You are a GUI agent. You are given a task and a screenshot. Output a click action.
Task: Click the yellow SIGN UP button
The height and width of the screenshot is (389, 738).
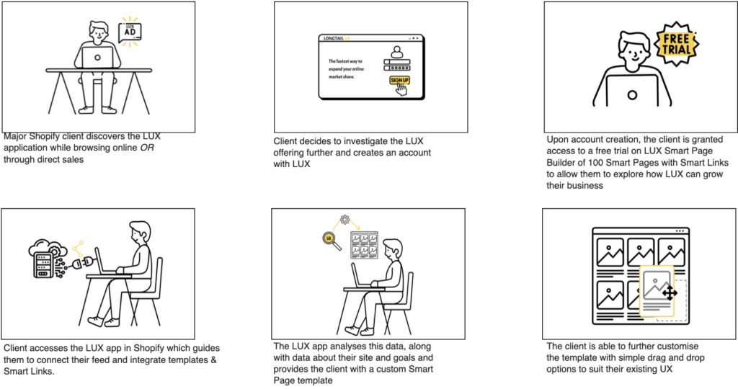(x=399, y=80)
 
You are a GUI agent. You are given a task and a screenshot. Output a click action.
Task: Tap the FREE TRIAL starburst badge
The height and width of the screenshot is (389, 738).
(x=676, y=44)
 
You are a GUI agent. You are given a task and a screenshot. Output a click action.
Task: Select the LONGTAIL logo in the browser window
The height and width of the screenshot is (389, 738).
(x=334, y=39)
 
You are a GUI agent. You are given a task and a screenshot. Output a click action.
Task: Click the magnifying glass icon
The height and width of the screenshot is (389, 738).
(x=330, y=241)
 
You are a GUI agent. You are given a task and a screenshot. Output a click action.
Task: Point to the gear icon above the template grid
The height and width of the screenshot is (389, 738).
(x=345, y=219)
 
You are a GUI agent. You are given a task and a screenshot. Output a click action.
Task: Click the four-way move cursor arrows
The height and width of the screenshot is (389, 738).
(x=670, y=293)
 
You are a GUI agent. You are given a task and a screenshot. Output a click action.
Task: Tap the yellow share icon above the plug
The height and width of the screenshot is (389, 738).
(x=78, y=248)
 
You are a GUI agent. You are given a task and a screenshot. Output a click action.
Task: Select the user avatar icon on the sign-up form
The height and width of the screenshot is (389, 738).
(x=397, y=52)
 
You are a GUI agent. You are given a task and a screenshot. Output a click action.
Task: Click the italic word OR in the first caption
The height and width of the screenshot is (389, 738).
(x=147, y=148)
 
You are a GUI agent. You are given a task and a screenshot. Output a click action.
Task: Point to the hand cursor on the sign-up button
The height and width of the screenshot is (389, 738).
(x=401, y=89)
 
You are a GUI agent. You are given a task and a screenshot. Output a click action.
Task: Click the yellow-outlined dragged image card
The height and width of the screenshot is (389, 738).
(x=657, y=291)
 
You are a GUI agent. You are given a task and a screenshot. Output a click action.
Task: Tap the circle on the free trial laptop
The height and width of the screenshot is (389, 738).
(x=632, y=95)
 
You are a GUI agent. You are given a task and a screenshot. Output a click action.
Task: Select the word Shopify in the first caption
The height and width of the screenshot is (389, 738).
(x=45, y=136)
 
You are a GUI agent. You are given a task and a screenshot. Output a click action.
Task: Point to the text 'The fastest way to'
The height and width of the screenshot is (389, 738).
(x=345, y=61)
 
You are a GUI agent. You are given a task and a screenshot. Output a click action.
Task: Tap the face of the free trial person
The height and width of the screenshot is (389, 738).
(x=634, y=50)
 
